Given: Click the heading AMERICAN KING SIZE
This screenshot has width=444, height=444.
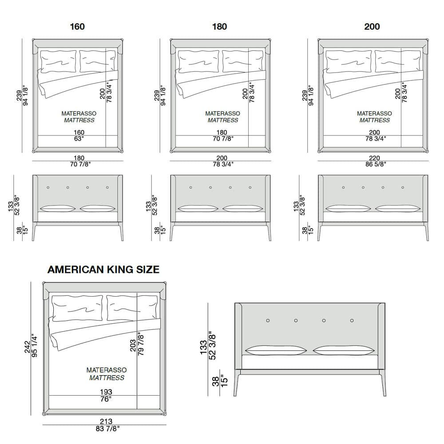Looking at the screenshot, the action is [x=103, y=270].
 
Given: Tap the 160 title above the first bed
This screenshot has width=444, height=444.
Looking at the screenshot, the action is [x=77, y=27].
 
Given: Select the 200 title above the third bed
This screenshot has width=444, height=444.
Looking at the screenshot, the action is [x=372, y=27].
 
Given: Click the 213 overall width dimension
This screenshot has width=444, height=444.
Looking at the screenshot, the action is [x=106, y=421].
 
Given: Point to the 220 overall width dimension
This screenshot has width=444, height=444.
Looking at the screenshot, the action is [x=374, y=158].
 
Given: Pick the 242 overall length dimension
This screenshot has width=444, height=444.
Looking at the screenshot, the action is [x=27, y=347].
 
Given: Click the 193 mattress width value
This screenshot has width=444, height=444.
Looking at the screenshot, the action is [x=106, y=392].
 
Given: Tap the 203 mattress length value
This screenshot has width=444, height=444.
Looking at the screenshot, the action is [x=133, y=345].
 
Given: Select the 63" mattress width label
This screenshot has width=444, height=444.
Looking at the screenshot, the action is [x=79, y=139].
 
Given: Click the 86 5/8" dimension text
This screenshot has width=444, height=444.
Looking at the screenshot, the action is [x=376, y=164].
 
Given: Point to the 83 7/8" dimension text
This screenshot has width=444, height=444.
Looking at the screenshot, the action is [x=107, y=429].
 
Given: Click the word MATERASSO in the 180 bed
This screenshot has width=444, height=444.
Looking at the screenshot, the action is [x=222, y=113].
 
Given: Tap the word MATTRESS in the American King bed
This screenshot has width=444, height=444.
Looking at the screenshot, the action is [x=107, y=378].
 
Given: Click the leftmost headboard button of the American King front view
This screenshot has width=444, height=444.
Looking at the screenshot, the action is [x=268, y=321].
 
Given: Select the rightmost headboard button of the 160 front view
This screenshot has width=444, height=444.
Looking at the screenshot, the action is [x=107, y=187].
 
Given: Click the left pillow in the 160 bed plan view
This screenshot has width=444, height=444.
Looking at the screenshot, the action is [x=58, y=61].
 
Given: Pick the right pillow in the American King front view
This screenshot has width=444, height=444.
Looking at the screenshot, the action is [x=344, y=350].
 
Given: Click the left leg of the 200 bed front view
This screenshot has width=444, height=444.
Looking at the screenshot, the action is [x=320, y=232].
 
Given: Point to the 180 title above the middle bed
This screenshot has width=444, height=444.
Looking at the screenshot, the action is [x=219, y=27].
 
